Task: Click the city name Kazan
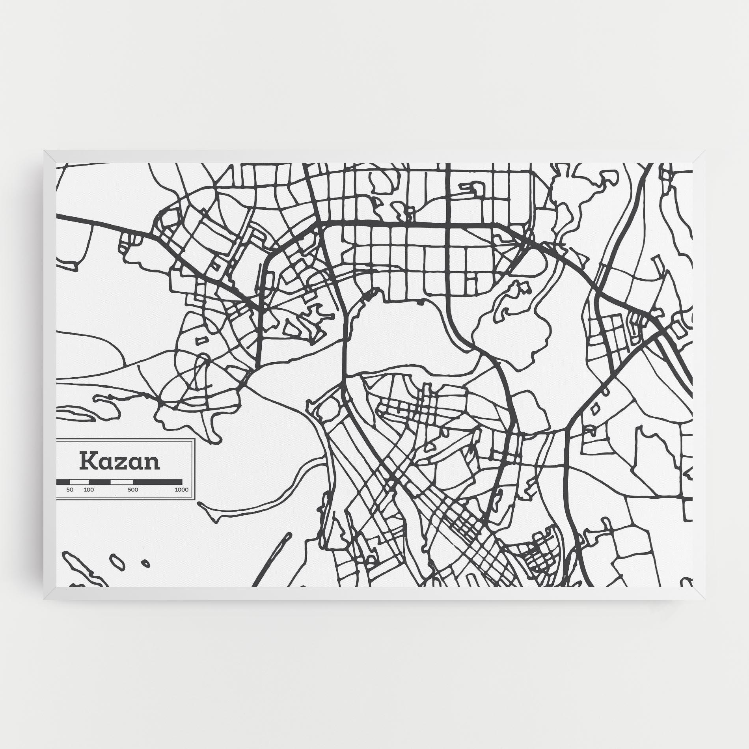point(120,462)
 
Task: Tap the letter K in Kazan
point(88,461)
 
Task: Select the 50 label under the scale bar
point(70,490)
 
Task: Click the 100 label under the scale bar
point(89,490)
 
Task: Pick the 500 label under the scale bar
point(133,490)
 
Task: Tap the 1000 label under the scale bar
point(182,490)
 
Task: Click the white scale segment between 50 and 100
point(79,482)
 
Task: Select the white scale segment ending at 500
point(122,482)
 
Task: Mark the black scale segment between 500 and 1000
point(158,482)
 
